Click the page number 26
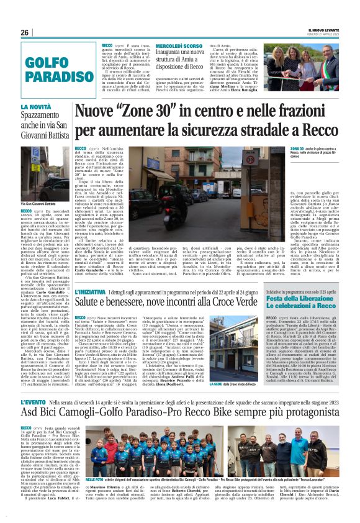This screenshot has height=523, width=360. click(x=25, y=32)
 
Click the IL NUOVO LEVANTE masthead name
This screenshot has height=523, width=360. click(x=324, y=29)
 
